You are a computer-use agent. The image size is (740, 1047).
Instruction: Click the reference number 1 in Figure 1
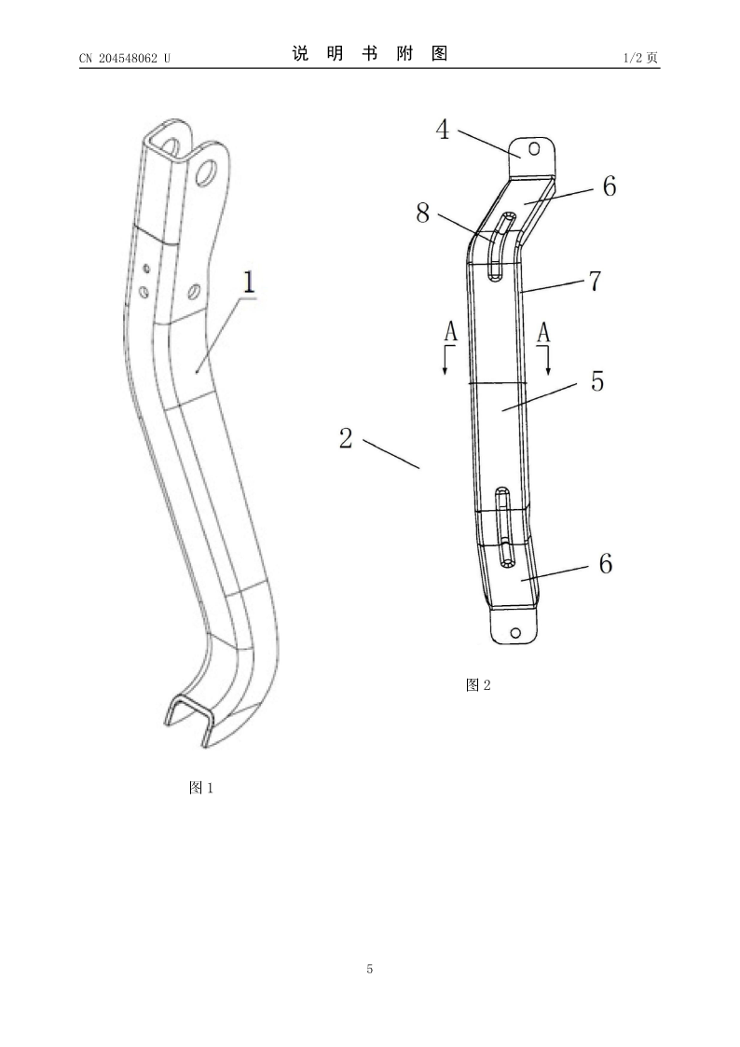pos(249,282)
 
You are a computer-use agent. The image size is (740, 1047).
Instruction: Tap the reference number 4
pos(443,130)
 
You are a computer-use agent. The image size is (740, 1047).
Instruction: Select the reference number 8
pos(423,213)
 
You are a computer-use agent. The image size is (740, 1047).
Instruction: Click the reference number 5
pos(597,380)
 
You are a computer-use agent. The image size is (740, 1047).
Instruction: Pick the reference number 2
pos(346,438)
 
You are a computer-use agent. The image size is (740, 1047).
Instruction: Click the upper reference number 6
pos(610,186)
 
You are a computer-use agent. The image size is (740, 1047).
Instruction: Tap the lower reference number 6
pos(605,563)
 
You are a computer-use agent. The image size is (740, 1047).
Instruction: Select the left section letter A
pos(451,332)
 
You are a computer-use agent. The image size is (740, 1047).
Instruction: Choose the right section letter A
pos(544,332)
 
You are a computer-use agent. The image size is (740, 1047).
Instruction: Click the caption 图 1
pos(201,788)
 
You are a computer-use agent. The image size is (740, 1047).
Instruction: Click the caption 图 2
pos(478,685)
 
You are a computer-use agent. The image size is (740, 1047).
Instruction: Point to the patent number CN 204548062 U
pos(125,58)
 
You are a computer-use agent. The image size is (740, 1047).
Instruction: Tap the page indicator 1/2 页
pos(640,58)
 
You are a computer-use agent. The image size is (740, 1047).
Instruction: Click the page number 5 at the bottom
pos(370,969)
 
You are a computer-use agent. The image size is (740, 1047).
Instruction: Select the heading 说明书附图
pos(370,53)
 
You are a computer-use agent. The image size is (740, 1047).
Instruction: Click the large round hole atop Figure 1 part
pos(208,172)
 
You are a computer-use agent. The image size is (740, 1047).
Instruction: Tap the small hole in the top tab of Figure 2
pos(534,149)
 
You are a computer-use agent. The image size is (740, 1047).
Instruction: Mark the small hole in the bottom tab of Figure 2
pos(515,632)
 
